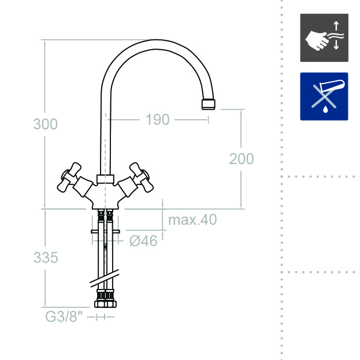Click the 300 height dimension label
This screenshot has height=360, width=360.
(45, 124)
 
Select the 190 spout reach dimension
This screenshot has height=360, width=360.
(158, 120)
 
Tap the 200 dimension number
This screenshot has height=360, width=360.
(242, 159)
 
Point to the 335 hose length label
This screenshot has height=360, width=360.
(46, 257)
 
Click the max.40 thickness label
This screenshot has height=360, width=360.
(192, 220)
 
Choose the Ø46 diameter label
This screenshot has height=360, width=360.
(143, 241)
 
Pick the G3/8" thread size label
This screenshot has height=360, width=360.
(64, 317)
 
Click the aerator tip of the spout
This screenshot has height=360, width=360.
(209, 105)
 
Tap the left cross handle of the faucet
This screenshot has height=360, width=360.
(69, 177)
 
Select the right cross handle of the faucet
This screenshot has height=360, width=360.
(142, 177)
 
